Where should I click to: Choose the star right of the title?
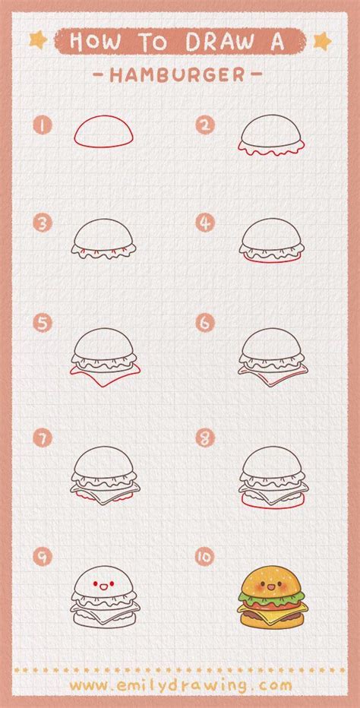(x=323, y=40)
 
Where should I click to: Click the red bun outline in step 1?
(x=104, y=132)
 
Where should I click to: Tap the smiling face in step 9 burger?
(x=104, y=586)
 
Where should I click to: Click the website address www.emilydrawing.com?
(x=180, y=684)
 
